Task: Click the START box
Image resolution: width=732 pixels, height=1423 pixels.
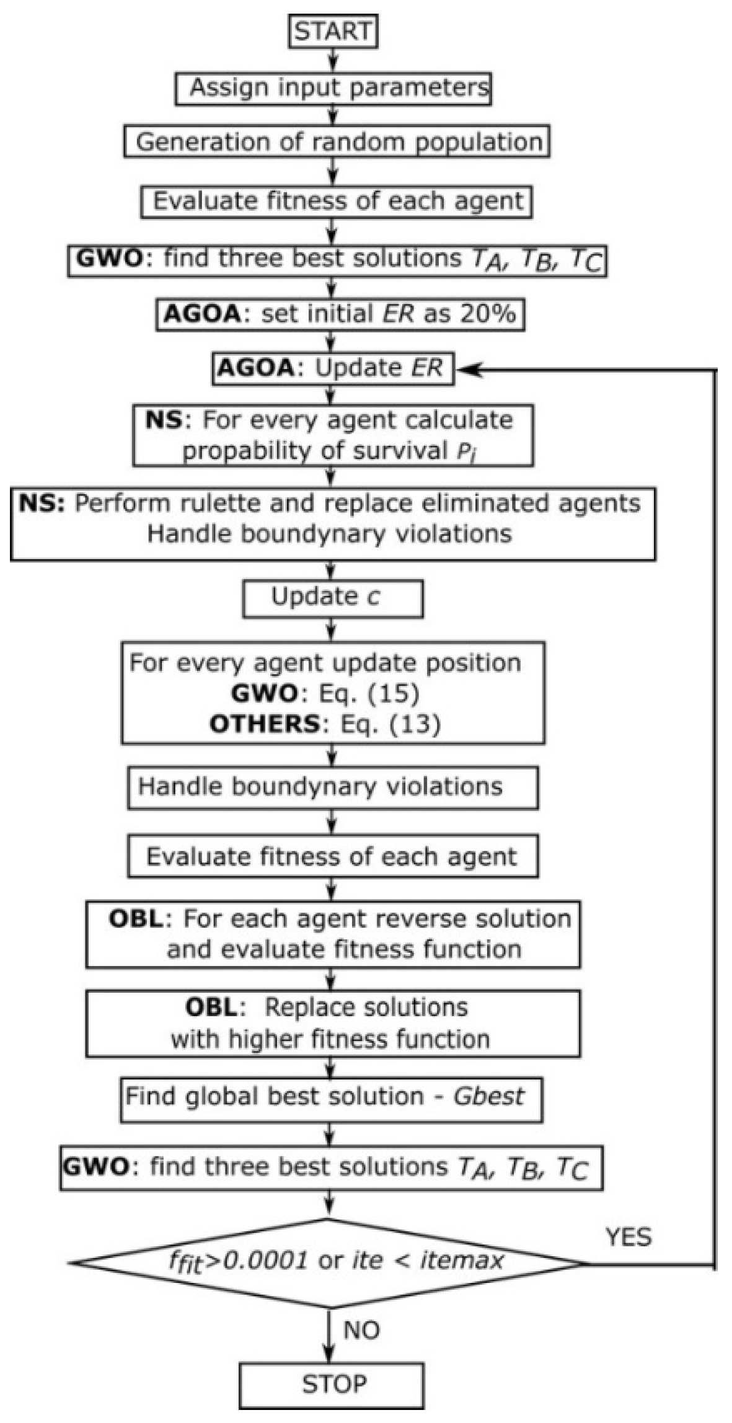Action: pos(333,32)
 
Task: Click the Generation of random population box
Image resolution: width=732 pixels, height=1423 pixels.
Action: pos(337,142)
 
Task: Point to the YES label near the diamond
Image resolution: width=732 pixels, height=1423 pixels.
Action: pos(628,1237)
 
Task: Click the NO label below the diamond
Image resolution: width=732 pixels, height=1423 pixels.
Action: pos(361,1330)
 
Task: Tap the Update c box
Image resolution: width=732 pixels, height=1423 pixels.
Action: pos(332,598)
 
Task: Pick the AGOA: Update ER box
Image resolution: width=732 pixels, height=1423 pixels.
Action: pos(332,368)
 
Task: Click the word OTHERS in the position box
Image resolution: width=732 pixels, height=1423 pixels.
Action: pos(265,724)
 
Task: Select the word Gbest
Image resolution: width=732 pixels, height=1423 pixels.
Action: pos(488,1096)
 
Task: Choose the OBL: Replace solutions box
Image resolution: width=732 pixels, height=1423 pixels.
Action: pos(332,1024)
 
